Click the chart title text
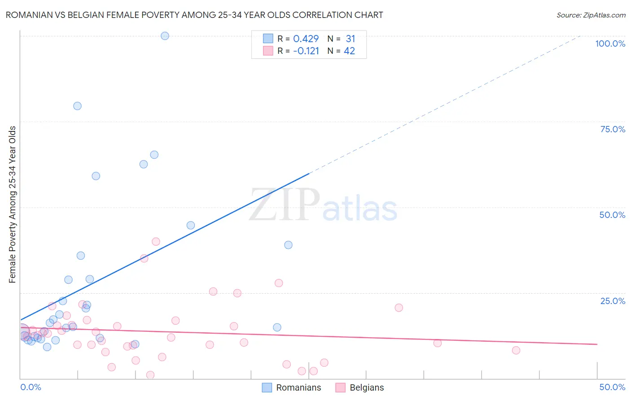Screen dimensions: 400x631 (x=194, y=15)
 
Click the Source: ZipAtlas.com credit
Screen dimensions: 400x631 (x=591, y=15)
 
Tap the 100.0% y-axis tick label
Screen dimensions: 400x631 (x=610, y=43)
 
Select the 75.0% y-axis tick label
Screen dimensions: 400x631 (x=613, y=129)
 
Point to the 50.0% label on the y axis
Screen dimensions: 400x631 (x=612, y=215)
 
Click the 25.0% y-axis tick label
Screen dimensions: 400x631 (x=613, y=301)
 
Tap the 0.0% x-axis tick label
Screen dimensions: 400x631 (x=31, y=387)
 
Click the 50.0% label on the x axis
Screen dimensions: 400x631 (x=612, y=387)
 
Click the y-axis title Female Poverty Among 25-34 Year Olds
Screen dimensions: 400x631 (x=13, y=204)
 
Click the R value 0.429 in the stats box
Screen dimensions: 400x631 (x=306, y=39)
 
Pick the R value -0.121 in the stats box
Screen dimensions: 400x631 (x=306, y=51)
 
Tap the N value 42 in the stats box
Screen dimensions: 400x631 (x=349, y=51)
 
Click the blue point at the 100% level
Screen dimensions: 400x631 (x=165, y=36)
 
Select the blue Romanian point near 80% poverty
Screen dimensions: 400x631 (x=77, y=106)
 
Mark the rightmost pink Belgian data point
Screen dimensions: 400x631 (x=516, y=350)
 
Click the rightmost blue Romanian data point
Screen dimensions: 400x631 (x=288, y=245)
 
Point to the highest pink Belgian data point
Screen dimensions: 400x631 (x=156, y=241)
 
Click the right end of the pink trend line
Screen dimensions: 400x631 (x=597, y=344)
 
